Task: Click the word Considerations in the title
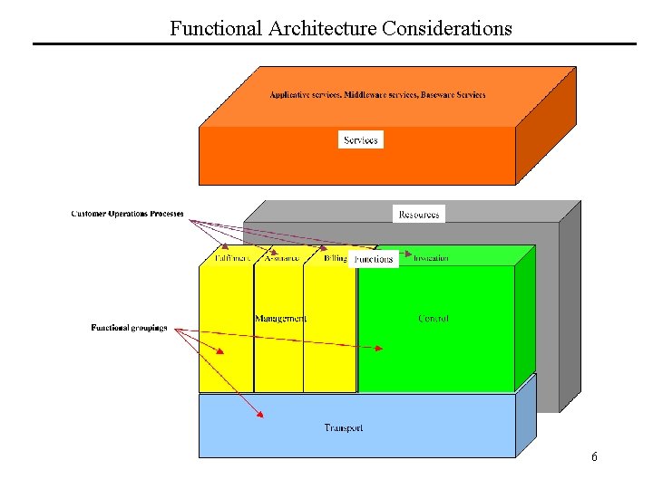pos(447,28)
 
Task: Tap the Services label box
pos(361,139)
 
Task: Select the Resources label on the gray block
pos(419,214)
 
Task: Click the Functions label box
pos(374,259)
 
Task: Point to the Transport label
pos(344,427)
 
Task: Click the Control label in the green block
pos(434,319)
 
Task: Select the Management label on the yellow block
pos(281,319)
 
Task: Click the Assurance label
pos(281,258)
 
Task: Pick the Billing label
pos(335,258)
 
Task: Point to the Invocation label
pos(431,258)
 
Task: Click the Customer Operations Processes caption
pos(127,215)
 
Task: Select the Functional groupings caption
pos(129,327)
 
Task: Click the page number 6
pos(594,456)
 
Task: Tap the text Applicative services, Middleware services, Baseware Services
pos(377,95)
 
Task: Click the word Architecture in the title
pos(323,28)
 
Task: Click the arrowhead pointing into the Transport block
pos(260,415)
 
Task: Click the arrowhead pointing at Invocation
pos(408,254)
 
